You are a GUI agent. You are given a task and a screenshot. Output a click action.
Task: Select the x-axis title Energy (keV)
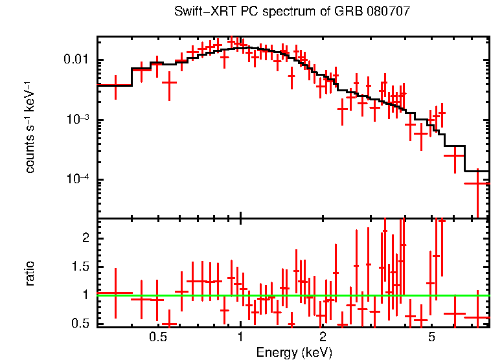pyautogui.click(x=294, y=352)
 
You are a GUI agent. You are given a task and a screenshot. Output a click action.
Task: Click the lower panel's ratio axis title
pyautogui.click(x=30, y=273)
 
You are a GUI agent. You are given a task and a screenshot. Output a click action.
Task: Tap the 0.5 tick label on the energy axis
pyautogui.click(x=158, y=337)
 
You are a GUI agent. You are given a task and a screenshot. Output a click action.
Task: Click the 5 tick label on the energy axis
pyautogui.click(x=431, y=337)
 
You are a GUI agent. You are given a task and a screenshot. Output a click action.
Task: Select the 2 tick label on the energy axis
pyautogui.click(x=323, y=337)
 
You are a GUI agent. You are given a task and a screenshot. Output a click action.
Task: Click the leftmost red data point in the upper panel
pyautogui.click(x=115, y=85)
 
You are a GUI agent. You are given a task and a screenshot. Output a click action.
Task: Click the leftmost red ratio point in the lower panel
pyautogui.click(x=115, y=293)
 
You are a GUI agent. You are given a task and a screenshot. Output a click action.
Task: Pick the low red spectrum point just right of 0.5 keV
pyautogui.click(x=170, y=82)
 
